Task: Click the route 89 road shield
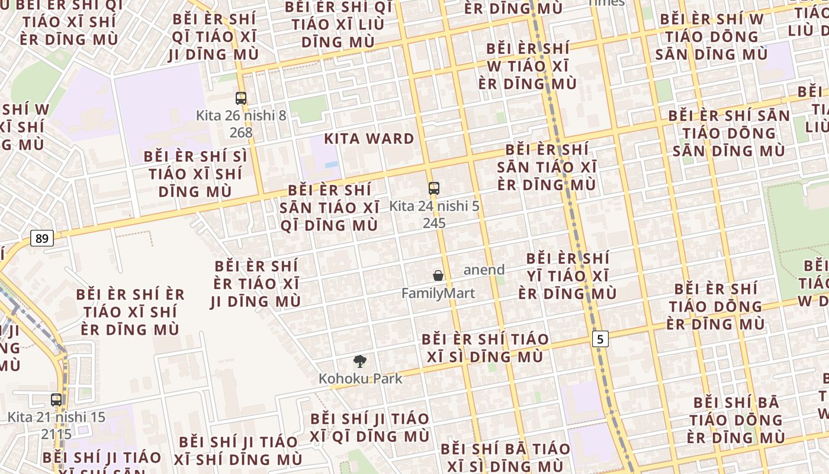pyautogui.click(x=41, y=238)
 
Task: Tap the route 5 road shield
pyautogui.click(x=600, y=339)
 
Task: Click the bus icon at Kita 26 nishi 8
pyautogui.click(x=240, y=98)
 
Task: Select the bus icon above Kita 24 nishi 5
pyautogui.click(x=434, y=188)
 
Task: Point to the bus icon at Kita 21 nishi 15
pyautogui.click(x=56, y=399)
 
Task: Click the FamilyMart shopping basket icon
pyautogui.click(x=438, y=276)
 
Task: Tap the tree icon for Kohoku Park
pyautogui.click(x=359, y=361)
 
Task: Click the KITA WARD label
pyautogui.click(x=369, y=139)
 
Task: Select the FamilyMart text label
pyautogui.click(x=438, y=293)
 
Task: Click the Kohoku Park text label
pyautogui.click(x=360, y=378)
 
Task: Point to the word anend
pyautogui.click(x=484, y=270)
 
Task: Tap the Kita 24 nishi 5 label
pyautogui.click(x=434, y=206)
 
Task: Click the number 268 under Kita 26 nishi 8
pyautogui.click(x=241, y=132)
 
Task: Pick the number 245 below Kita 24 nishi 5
pyautogui.click(x=434, y=223)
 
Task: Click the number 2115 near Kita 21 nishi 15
pyautogui.click(x=56, y=434)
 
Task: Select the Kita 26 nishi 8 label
pyautogui.click(x=241, y=116)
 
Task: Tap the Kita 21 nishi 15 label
pyautogui.click(x=56, y=417)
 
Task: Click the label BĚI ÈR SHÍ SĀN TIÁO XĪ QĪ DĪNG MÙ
pyautogui.click(x=329, y=207)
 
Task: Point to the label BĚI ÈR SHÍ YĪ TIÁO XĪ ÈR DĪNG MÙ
pyautogui.click(x=567, y=276)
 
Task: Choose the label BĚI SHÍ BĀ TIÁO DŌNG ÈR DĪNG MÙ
pyautogui.click(x=736, y=419)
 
